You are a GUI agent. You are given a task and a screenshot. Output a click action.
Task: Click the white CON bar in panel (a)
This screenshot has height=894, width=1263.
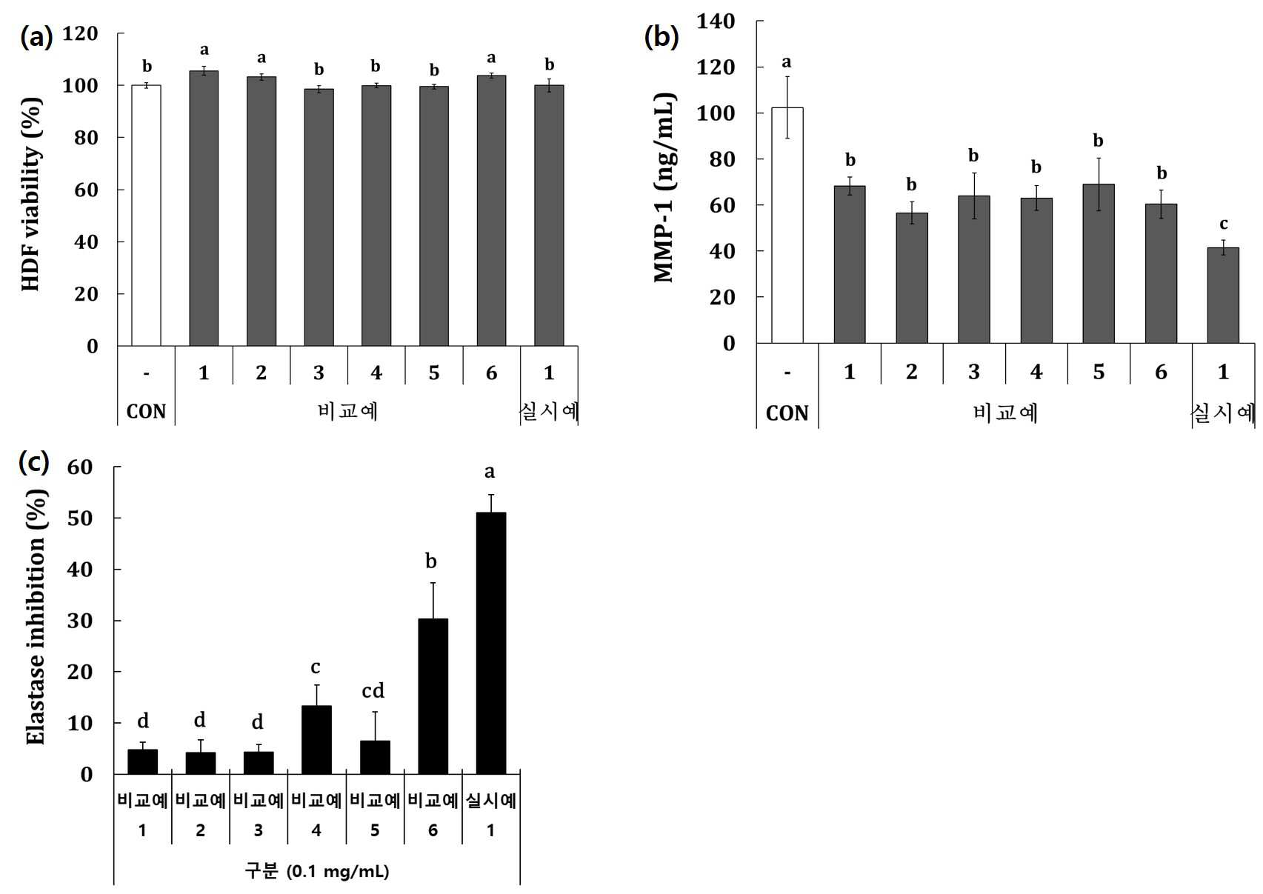(x=146, y=216)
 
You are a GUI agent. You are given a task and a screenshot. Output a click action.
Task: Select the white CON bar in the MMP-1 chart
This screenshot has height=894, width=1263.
(x=787, y=225)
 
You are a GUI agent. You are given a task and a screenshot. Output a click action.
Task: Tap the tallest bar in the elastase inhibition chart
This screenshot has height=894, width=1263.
(x=490, y=643)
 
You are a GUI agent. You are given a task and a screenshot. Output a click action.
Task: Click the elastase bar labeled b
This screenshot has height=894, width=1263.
(x=433, y=696)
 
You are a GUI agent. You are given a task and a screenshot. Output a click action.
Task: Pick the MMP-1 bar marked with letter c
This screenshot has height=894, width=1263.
(x=1223, y=295)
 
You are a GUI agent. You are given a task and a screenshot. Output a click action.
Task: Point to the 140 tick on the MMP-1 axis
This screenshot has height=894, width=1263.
(x=716, y=21)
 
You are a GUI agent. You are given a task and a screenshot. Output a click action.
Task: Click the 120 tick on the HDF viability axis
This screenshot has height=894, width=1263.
(x=80, y=34)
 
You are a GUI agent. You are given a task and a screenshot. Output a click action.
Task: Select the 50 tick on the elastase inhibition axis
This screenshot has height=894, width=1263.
(x=79, y=518)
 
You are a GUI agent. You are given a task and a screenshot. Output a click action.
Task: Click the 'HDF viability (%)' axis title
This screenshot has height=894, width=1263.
(x=32, y=194)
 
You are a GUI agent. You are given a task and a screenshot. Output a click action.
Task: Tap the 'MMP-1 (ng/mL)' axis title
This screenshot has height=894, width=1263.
(x=664, y=187)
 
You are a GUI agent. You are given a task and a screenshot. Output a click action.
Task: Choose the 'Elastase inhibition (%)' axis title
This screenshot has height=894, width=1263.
(x=36, y=616)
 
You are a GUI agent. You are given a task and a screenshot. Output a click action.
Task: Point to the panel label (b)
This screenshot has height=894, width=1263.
(x=662, y=37)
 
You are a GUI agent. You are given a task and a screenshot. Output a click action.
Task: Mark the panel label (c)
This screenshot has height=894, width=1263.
(x=34, y=462)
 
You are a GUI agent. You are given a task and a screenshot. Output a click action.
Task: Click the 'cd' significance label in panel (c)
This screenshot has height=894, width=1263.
(x=373, y=690)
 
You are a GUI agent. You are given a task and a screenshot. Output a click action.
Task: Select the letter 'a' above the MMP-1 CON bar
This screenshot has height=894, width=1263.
(x=787, y=62)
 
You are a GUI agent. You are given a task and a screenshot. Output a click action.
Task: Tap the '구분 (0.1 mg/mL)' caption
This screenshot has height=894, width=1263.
(x=317, y=871)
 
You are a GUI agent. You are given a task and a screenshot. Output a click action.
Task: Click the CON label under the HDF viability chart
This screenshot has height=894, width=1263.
(x=146, y=412)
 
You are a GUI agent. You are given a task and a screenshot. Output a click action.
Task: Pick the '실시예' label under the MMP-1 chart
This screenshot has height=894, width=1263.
(x=1222, y=413)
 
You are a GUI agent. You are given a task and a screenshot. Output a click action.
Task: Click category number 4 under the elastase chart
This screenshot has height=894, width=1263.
(x=316, y=830)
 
